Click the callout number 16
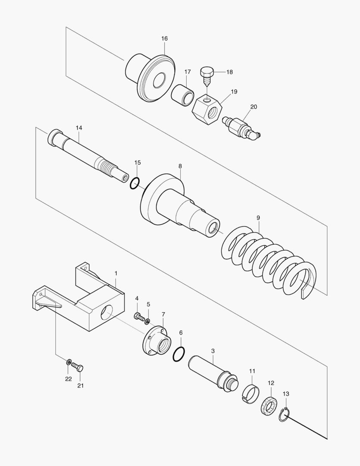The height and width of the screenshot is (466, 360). click(x=165, y=39)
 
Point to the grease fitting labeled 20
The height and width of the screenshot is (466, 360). click(x=241, y=128)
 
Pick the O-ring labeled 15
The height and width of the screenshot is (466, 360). click(x=135, y=183)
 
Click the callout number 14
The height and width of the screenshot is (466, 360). click(x=79, y=128)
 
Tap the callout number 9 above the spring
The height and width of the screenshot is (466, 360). click(x=258, y=218)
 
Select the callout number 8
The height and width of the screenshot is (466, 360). click(x=180, y=166)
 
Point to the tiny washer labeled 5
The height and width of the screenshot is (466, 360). click(x=147, y=321)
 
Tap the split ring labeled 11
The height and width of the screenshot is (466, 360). click(x=250, y=394)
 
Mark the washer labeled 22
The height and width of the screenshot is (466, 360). click(x=69, y=362)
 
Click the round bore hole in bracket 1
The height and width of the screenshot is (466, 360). click(x=106, y=312)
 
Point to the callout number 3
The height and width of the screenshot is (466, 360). click(x=213, y=351)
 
